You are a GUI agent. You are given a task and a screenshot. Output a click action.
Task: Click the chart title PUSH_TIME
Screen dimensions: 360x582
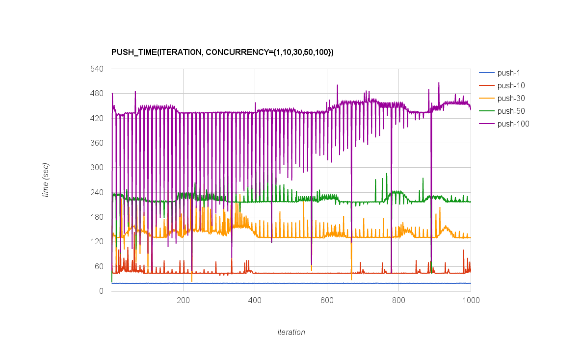[x=222, y=52]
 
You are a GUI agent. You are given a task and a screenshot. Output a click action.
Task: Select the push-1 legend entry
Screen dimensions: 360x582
[x=508, y=73]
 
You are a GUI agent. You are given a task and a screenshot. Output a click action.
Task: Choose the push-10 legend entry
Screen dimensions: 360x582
[x=511, y=86]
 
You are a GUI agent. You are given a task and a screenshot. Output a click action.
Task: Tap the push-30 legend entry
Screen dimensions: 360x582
[x=511, y=99]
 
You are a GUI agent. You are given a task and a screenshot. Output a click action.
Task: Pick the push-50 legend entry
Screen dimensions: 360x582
[x=511, y=111]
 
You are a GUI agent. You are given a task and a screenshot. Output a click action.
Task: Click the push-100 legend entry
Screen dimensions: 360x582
[x=513, y=124]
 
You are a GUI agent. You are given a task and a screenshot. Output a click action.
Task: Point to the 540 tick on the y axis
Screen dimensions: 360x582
[x=97, y=69]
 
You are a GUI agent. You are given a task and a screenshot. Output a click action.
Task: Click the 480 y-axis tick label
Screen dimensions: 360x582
[x=97, y=93]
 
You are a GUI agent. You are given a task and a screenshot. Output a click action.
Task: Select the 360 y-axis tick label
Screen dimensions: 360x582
[x=97, y=143]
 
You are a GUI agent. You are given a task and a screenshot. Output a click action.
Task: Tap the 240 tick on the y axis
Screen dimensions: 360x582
[x=97, y=192]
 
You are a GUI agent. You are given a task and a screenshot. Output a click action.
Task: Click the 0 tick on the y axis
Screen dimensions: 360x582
[x=101, y=291]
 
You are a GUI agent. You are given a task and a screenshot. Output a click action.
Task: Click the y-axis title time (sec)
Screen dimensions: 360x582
[x=46, y=180]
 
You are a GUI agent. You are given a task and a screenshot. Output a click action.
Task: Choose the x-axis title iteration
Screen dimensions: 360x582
[x=291, y=332]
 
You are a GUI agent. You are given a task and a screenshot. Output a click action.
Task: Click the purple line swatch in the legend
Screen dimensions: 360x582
[x=486, y=124]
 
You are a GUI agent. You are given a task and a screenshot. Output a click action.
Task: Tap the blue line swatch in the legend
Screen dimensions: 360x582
[x=486, y=73]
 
